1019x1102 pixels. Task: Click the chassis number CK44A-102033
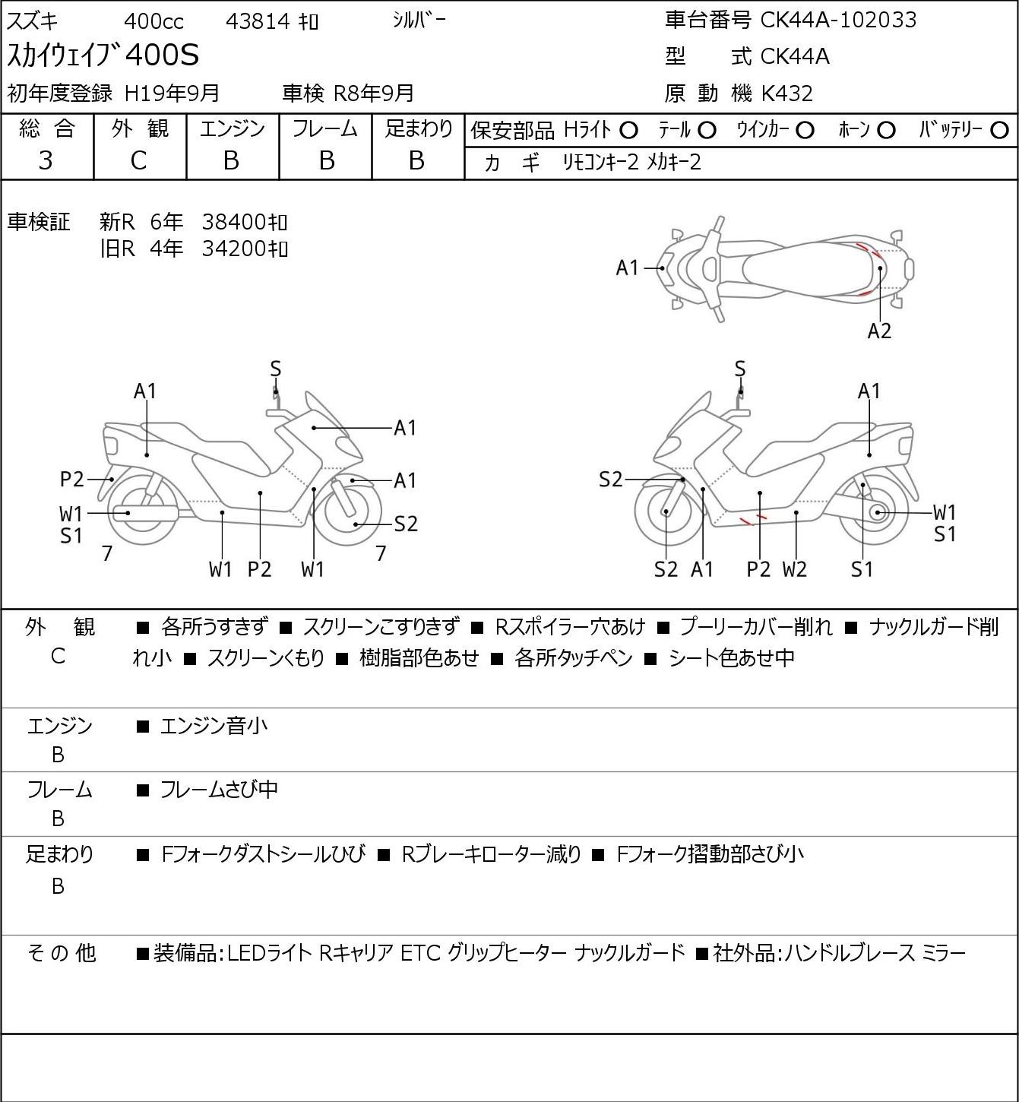(x=838, y=20)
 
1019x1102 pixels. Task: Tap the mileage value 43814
(x=258, y=21)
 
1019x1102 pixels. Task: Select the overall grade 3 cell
(x=46, y=160)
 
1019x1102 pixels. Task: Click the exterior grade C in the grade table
(x=139, y=160)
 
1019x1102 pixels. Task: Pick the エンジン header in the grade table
(x=233, y=128)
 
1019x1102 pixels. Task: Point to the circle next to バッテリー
(x=999, y=131)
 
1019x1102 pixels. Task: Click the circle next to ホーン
(x=886, y=131)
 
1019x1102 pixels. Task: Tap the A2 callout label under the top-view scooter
(x=879, y=331)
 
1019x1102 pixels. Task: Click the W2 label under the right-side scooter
(x=795, y=568)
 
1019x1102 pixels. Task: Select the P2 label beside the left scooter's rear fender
(x=72, y=479)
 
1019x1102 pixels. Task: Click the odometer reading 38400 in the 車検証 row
(x=233, y=222)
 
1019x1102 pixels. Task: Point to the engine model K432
(x=787, y=93)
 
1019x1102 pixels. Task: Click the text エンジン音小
(x=214, y=726)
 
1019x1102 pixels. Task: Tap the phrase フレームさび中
(x=219, y=789)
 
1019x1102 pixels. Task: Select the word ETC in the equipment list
(x=420, y=953)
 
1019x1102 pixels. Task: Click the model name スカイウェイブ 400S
(x=103, y=55)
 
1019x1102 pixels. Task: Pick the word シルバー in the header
(x=419, y=21)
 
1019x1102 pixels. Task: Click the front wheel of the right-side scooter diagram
(x=666, y=512)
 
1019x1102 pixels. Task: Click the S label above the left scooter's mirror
(x=276, y=369)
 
